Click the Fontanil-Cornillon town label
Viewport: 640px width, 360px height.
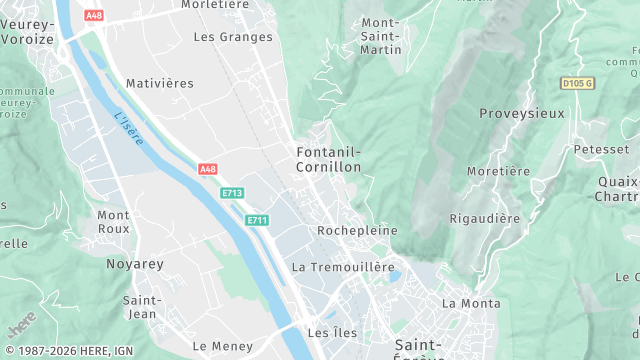pos(328,159)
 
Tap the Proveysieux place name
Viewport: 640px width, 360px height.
pos(522,113)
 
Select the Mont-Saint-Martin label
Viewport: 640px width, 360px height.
pos(381,36)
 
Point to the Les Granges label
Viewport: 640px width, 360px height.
pos(233,37)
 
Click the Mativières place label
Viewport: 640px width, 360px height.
pos(160,83)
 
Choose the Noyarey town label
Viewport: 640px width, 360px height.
pos(135,264)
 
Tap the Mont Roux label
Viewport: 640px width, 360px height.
pos(113,221)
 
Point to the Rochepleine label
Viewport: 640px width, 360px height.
pos(357,230)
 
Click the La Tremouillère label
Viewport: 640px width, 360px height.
pos(344,268)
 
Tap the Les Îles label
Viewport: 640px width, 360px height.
pos(331,332)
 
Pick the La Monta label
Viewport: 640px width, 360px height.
pos(471,303)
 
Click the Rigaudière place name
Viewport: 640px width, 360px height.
pos(485,218)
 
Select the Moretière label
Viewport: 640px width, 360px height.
pos(498,171)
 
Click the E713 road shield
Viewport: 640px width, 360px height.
pos(232,193)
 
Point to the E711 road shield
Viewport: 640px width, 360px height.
pos(257,220)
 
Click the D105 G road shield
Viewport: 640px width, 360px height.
pos(577,84)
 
